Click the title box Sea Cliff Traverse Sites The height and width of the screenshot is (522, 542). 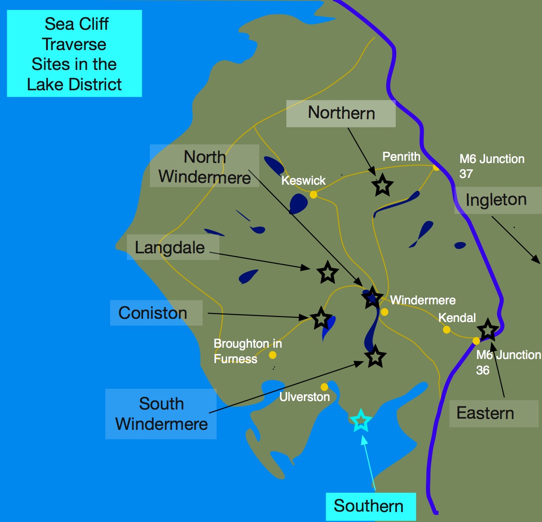(x=75, y=53)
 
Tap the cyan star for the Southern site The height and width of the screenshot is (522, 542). (x=361, y=421)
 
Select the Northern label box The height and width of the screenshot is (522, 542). (x=341, y=113)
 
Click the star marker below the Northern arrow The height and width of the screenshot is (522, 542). (x=382, y=185)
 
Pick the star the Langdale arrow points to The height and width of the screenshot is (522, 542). (x=327, y=272)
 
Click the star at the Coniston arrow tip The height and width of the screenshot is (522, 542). (x=321, y=318)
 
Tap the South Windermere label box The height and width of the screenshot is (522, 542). (x=161, y=414)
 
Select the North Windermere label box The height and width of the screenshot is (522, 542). (x=205, y=166)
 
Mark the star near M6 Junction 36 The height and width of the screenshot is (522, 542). (x=488, y=330)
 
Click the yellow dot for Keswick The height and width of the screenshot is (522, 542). (x=313, y=195)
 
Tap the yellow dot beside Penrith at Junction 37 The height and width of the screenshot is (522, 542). (x=436, y=168)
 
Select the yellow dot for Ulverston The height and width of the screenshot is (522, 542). (x=324, y=387)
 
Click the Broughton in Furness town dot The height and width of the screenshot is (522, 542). (x=273, y=355)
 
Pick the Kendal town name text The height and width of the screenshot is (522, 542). (x=457, y=318)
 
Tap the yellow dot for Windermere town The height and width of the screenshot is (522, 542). (x=384, y=312)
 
